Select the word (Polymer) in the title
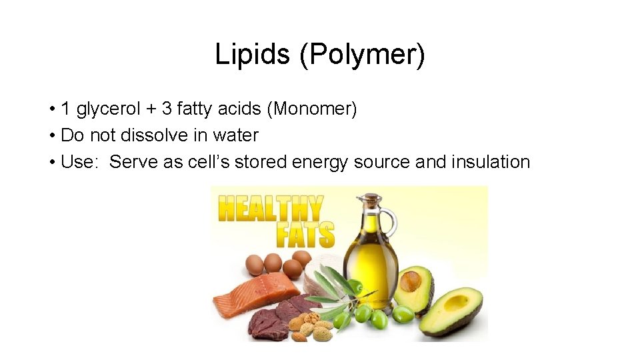(x=362, y=55)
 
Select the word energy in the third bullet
(x=317, y=162)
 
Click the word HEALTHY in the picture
(x=269, y=209)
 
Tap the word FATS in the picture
(x=305, y=234)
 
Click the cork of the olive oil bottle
(x=368, y=198)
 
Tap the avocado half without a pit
(x=456, y=309)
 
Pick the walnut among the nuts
(x=311, y=319)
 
